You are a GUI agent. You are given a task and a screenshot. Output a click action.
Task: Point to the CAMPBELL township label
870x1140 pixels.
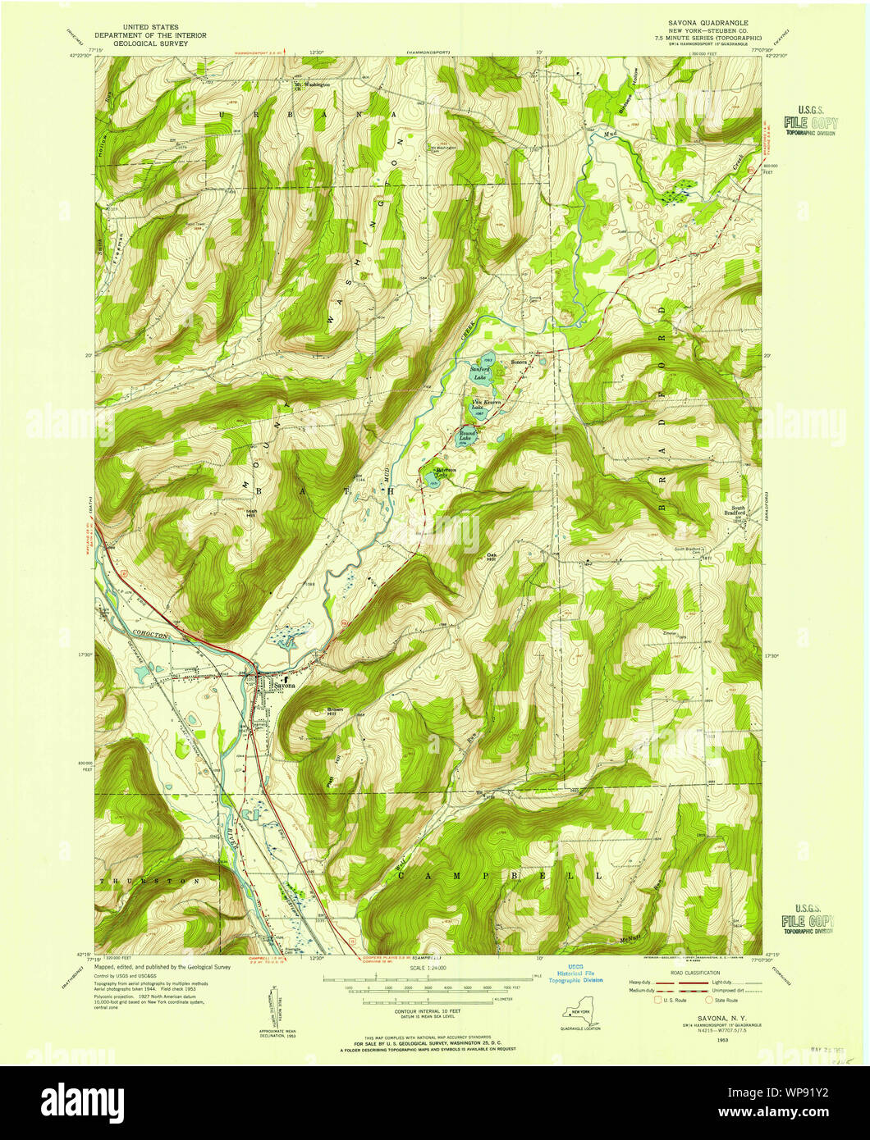[500, 876]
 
